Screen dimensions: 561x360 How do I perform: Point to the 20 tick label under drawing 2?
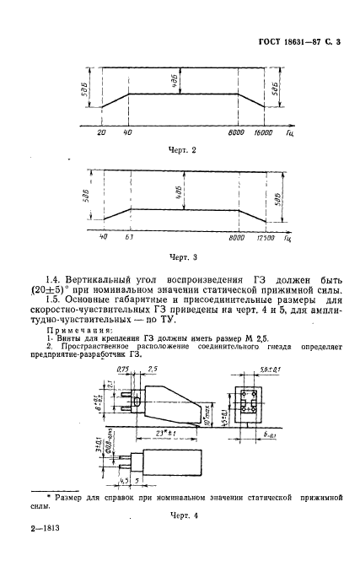pos(101,133)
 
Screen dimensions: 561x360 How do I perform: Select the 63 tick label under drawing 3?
pos(130,240)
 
